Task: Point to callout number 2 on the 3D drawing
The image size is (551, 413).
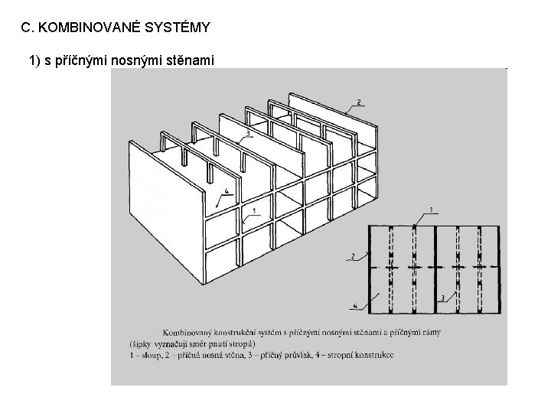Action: [x=359, y=102]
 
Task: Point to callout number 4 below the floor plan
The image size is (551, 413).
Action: [x=354, y=307]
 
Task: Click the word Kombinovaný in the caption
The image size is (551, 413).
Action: [x=188, y=332]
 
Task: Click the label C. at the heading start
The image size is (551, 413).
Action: [x=28, y=28]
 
